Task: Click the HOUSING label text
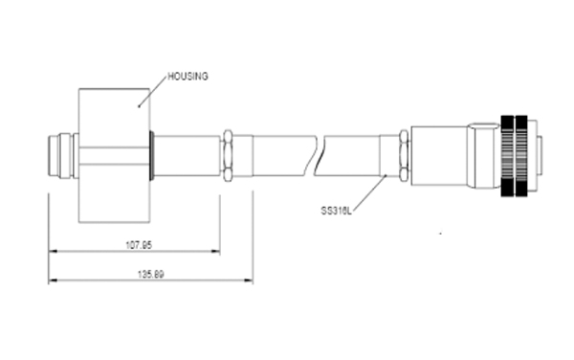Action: point(188,77)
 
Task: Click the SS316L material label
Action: point(337,211)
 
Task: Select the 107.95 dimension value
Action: point(139,245)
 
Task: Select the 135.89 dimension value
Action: point(151,274)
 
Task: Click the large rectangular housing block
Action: point(114,155)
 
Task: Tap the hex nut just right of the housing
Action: point(228,155)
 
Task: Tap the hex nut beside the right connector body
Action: point(404,155)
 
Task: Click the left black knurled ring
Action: point(507,156)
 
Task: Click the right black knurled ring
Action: point(521,156)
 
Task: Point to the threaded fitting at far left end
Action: point(60,156)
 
